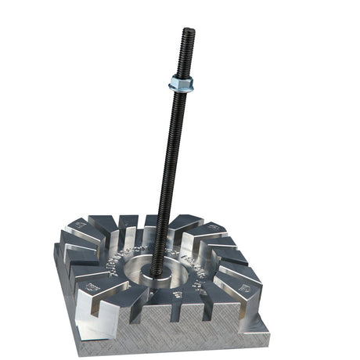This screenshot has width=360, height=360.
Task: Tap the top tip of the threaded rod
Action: (188, 31)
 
